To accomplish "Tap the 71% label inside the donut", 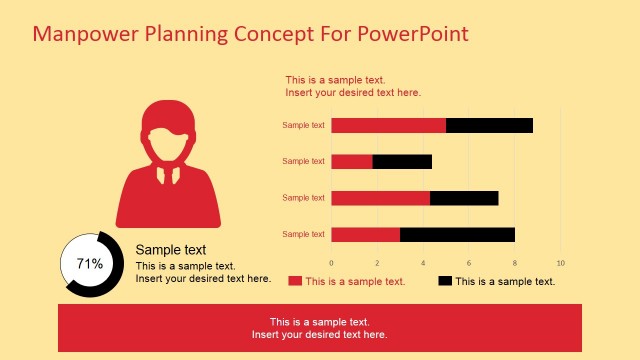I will (90, 264).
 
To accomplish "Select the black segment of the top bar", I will (489, 125).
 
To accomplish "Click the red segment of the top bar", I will (388, 125).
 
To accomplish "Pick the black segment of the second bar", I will (402, 161).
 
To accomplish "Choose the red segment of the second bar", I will (352, 161).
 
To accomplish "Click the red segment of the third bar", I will (380, 198).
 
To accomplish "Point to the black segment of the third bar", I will (464, 198).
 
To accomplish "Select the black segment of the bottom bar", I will (457, 234).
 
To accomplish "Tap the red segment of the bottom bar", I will (365, 234).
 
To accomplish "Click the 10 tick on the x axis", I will (560, 263).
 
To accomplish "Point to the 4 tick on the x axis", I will (423, 263).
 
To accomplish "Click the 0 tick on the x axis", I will (331, 263).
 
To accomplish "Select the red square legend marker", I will (295, 281).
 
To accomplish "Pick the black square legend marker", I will (445, 281).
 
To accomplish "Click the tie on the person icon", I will (168, 174).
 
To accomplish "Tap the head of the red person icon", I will (168, 135).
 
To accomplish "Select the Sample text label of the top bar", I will (303, 125).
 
